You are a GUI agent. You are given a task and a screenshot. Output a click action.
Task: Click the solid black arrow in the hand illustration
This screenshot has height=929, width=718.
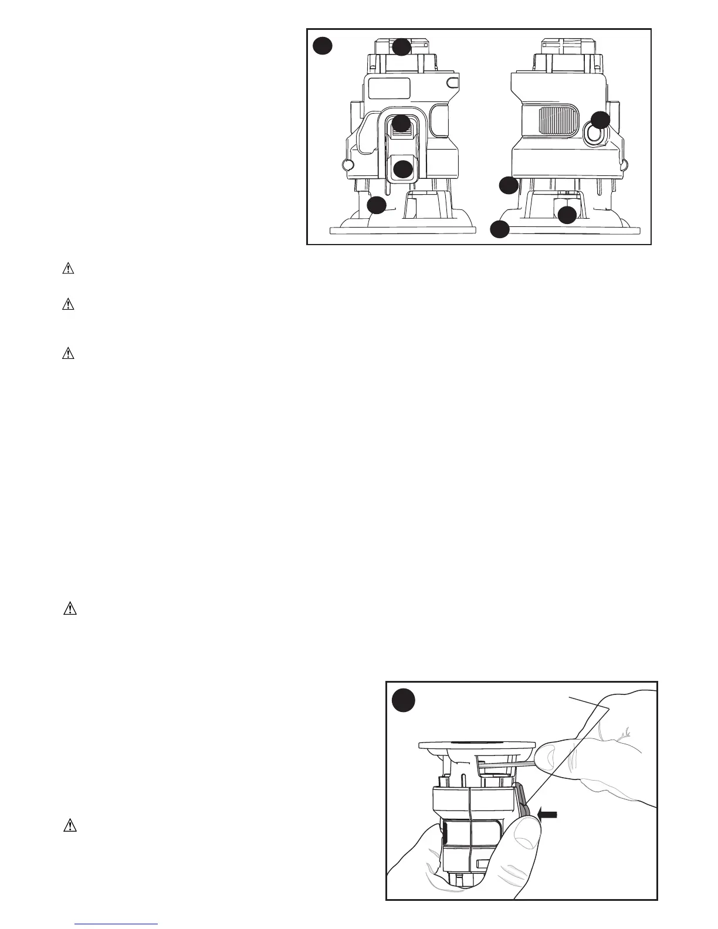(547, 814)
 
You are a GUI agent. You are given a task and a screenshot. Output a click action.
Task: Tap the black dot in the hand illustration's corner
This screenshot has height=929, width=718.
(404, 700)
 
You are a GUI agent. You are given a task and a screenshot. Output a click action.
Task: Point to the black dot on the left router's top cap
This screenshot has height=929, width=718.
(401, 47)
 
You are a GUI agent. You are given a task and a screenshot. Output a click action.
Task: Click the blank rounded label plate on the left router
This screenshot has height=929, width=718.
(388, 88)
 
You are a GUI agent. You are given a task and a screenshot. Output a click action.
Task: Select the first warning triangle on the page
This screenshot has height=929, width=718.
(69, 269)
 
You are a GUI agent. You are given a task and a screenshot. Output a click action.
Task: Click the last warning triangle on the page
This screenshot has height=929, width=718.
(70, 826)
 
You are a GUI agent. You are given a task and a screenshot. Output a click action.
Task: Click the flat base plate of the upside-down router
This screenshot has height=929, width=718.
(476, 745)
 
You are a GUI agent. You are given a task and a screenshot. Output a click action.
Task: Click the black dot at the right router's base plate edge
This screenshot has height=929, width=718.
(500, 229)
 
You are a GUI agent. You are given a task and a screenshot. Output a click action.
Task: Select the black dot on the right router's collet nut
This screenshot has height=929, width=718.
(567, 215)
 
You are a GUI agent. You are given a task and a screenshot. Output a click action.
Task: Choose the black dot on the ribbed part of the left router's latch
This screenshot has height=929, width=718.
(401, 124)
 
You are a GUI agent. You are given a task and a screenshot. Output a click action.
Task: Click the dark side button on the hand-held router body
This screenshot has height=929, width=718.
(446, 833)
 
